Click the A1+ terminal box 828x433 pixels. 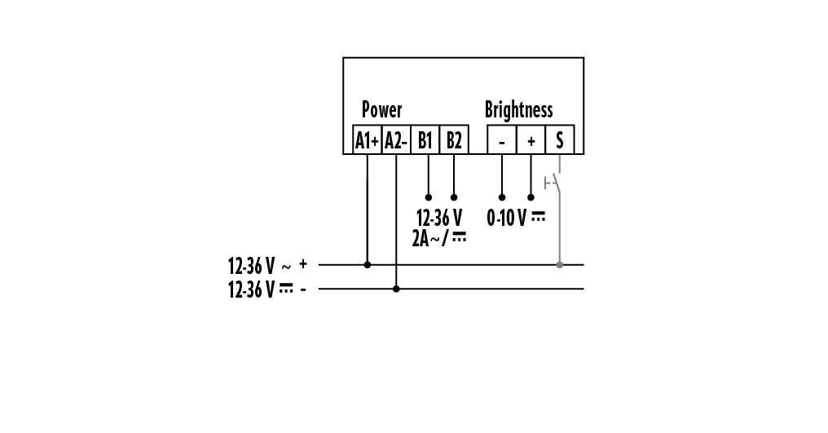pyautogui.click(x=367, y=140)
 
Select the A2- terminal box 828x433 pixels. pyautogui.click(x=395, y=140)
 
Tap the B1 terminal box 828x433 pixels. pyautogui.click(x=425, y=140)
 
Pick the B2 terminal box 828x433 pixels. pyautogui.click(x=454, y=140)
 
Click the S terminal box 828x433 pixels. pyautogui.click(x=559, y=140)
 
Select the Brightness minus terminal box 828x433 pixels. pyautogui.click(x=501, y=140)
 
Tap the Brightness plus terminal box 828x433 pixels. pyautogui.click(x=531, y=140)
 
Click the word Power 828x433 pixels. pyautogui.click(x=381, y=110)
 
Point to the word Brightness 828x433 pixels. pyautogui.click(x=518, y=110)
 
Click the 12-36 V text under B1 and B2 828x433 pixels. pyautogui.click(x=438, y=218)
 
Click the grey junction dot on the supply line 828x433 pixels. pyautogui.click(x=559, y=264)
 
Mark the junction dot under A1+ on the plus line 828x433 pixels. pyautogui.click(x=368, y=264)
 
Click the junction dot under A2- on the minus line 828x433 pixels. pyautogui.click(x=396, y=289)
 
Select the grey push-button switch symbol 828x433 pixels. pyautogui.click(x=554, y=181)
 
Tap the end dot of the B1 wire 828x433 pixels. pyautogui.click(x=428, y=197)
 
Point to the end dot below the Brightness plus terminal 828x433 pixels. pyautogui.click(x=531, y=197)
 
